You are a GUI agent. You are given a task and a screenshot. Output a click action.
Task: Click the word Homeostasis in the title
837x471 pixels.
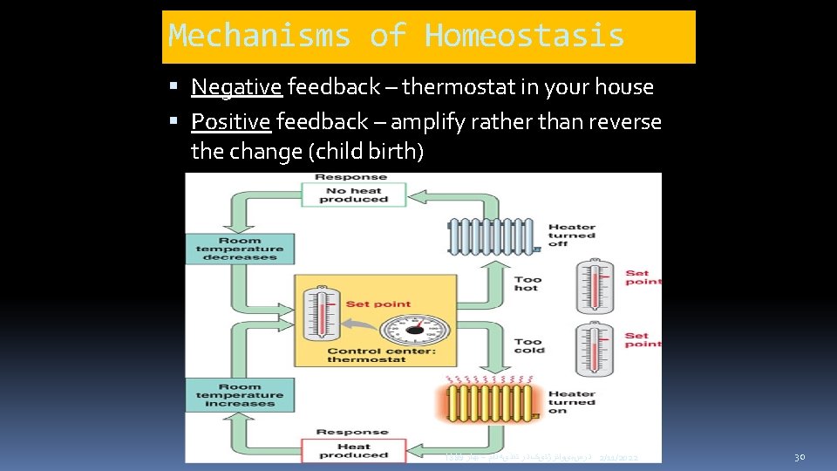click(524, 36)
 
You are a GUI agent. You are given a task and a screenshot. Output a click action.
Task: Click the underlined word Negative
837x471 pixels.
click(236, 87)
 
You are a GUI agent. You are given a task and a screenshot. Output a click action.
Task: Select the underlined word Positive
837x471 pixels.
click(230, 122)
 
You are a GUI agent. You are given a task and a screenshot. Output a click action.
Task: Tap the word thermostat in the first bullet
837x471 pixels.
click(459, 87)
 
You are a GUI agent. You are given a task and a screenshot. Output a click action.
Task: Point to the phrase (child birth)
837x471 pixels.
click(367, 152)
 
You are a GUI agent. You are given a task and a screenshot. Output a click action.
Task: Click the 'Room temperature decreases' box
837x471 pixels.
click(240, 249)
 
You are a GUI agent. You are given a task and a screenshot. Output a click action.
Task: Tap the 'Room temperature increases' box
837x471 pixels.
click(240, 394)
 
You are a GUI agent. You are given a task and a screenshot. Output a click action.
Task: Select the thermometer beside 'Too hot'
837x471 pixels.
click(595, 286)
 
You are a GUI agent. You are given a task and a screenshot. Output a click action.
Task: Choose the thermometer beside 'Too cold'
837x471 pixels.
click(595, 348)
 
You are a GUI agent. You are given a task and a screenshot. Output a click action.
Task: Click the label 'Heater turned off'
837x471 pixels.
click(571, 235)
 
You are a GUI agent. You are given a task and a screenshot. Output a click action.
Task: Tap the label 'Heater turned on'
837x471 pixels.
click(571, 402)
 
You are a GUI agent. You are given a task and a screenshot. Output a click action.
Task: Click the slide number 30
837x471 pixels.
click(800, 457)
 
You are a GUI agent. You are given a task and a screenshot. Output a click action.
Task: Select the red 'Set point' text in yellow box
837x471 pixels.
click(378, 304)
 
